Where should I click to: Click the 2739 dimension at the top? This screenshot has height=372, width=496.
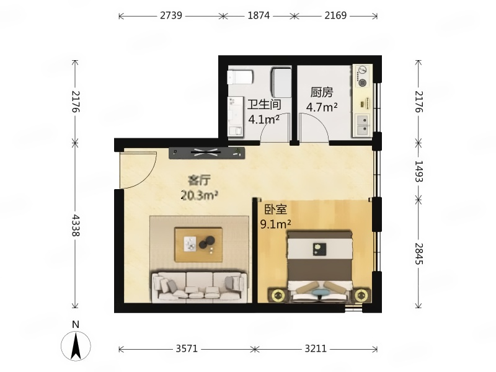(x=171, y=15)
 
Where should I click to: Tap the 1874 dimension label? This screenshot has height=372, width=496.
(x=259, y=15)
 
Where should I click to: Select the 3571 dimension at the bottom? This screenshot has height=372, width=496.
(x=187, y=348)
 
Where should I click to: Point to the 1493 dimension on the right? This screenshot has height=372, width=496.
(x=419, y=171)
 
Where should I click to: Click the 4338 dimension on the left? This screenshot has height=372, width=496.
(x=76, y=225)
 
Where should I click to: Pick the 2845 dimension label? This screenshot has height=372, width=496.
(x=419, y=254)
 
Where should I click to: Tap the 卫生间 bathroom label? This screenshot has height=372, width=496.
(x=265, y=104)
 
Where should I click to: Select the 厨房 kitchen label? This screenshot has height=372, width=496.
(x=322, y=92)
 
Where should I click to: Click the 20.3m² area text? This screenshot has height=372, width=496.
(x=199, y=195)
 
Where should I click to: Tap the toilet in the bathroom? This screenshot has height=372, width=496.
(x=241, y=77)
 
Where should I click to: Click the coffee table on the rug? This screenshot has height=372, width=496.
(x=198, y=244)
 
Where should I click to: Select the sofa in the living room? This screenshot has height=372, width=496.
(x=199, y=286)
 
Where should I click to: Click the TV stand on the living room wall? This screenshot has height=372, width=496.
(x=207, y=153)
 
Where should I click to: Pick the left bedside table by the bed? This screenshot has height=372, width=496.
(x=278, y=296)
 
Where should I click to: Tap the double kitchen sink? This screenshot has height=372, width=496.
(x=363, y=125)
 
